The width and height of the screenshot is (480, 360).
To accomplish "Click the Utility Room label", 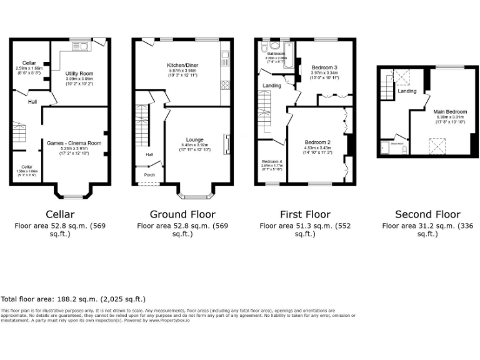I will click(x=79, y=73).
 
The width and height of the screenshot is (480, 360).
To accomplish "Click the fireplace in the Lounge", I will click(x=227, y=144).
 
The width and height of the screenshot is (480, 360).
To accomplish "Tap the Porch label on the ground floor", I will click(x=150, y=175).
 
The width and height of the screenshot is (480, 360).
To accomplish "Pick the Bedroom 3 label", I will click(x=324, y=67).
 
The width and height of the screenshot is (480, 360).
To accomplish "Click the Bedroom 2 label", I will click(x=317, y=142).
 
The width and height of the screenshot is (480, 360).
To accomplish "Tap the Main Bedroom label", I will click(x=450, y=112).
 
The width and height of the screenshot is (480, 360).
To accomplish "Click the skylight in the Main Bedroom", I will click(x=437, y=146).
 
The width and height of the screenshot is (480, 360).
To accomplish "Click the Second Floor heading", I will click(x=428, y=214).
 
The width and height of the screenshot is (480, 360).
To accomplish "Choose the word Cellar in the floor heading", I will click(x=61, y=214).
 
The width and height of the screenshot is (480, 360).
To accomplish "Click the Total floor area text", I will click(x=73, y=299).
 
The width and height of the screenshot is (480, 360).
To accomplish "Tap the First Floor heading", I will click(x=306, y=214).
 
